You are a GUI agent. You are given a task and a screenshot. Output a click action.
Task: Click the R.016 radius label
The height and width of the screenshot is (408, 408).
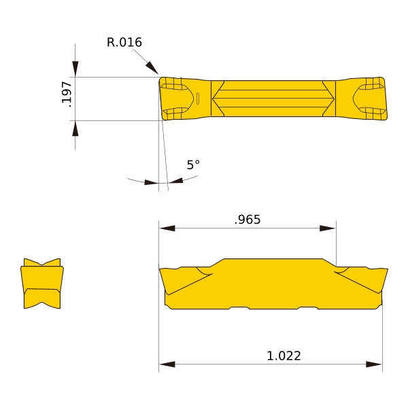[124, 42]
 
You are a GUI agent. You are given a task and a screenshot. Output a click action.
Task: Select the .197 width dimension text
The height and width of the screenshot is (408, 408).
[67, 94]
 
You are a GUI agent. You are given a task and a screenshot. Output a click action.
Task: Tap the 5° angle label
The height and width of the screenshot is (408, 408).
[193, 165]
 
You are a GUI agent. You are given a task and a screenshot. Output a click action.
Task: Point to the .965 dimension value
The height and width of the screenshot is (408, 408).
[248, 220]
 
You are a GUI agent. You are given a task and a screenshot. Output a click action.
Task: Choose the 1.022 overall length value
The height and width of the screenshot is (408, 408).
[284, 356]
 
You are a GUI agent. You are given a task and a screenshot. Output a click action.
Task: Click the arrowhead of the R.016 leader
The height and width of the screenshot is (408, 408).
[152, 67]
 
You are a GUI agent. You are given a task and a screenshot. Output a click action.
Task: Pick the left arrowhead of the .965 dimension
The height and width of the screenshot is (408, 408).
[167, 228]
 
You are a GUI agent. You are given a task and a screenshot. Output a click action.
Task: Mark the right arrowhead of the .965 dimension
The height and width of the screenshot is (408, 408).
[328, 228]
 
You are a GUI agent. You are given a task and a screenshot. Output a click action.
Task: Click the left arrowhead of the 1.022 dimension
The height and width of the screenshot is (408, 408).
[167, 364]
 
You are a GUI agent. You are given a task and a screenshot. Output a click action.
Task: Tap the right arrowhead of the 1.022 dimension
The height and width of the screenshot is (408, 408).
[374, 364]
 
